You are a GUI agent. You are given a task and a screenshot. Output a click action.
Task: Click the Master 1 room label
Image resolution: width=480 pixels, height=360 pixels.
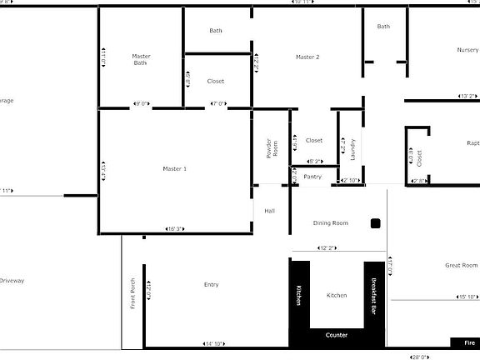[x=174, y=169]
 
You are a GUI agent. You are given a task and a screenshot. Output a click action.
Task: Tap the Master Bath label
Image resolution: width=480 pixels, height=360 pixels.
[x=140, y=60]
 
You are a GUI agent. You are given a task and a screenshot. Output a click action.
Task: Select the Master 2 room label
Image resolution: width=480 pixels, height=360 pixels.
[x=307, y=57]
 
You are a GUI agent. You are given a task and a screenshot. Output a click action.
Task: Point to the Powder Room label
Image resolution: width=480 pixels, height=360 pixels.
[x=271, y=147]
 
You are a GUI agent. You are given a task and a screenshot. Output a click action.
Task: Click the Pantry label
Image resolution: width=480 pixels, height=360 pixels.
[x=312, y=177]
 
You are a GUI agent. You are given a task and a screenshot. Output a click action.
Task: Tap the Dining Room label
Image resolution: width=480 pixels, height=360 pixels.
[x=330, y=223]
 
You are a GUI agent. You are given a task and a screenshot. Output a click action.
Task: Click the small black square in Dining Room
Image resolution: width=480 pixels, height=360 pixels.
[x=376, y=223]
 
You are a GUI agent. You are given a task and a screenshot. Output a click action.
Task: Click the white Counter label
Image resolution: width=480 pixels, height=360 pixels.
[x=336, y=335]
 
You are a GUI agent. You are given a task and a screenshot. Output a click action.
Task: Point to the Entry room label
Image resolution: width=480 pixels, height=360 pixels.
[x=212, y=285]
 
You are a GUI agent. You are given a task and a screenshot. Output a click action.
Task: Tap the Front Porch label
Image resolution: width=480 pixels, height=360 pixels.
[x=132, y=292]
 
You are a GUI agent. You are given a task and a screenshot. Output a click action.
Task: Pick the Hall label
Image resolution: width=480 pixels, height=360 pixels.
[x=269, y=211]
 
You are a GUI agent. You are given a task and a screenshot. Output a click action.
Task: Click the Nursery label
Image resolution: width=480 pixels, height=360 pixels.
[x=467, y=50]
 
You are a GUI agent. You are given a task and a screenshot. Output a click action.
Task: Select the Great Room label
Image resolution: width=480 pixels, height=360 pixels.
[x=461, y=266]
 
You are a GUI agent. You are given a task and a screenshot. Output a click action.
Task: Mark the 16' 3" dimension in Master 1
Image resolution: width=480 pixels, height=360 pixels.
[x=175, y=228]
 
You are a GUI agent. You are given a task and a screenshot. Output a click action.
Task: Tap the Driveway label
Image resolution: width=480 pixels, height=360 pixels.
[x=12, y=281]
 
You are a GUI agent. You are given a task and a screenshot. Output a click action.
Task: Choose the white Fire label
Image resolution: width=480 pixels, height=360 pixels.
[x=469, y=342]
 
